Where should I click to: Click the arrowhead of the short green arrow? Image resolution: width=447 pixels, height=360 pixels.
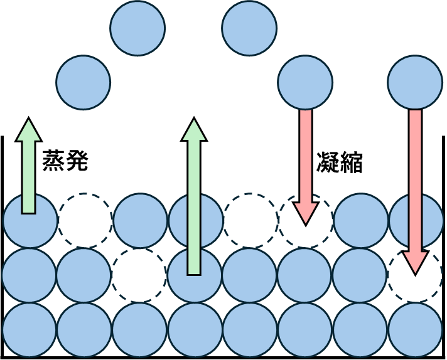[x=28, y=130]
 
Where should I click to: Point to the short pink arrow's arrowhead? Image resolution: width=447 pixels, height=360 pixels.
[x=306, y=213]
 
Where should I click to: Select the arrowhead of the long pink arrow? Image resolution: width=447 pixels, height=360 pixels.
[x=415, y=262]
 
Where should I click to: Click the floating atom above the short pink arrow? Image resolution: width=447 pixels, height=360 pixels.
[x=305, y=82]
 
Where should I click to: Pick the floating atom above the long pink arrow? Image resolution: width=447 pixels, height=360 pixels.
[x=415, y=82]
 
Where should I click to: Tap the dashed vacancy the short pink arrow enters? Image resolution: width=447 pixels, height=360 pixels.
[x=306, y=221]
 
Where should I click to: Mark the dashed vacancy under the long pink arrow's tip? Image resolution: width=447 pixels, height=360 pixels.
[x=415, y=275]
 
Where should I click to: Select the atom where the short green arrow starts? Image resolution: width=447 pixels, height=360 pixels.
[x=30, y=221]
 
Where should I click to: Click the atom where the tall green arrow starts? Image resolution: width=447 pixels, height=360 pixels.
[x=195, y=275]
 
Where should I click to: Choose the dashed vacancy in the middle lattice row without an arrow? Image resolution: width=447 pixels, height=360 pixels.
[x=139, y=275]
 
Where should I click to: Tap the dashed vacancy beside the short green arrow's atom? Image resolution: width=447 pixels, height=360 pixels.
[x=85, y=221]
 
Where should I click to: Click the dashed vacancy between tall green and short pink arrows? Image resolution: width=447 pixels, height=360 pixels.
[x=250, y=221]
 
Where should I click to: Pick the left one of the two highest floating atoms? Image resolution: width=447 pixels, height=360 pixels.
[x=137, y=28]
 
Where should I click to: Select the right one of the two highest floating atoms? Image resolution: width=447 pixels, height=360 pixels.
[x=249, y=28]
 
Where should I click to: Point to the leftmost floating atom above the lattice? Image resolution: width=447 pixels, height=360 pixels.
[x=83, y=82]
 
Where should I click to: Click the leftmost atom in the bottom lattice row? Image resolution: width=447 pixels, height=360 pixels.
[x=30, y=330]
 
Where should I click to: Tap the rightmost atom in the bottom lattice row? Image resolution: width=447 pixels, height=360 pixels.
[x=415, y=330]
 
